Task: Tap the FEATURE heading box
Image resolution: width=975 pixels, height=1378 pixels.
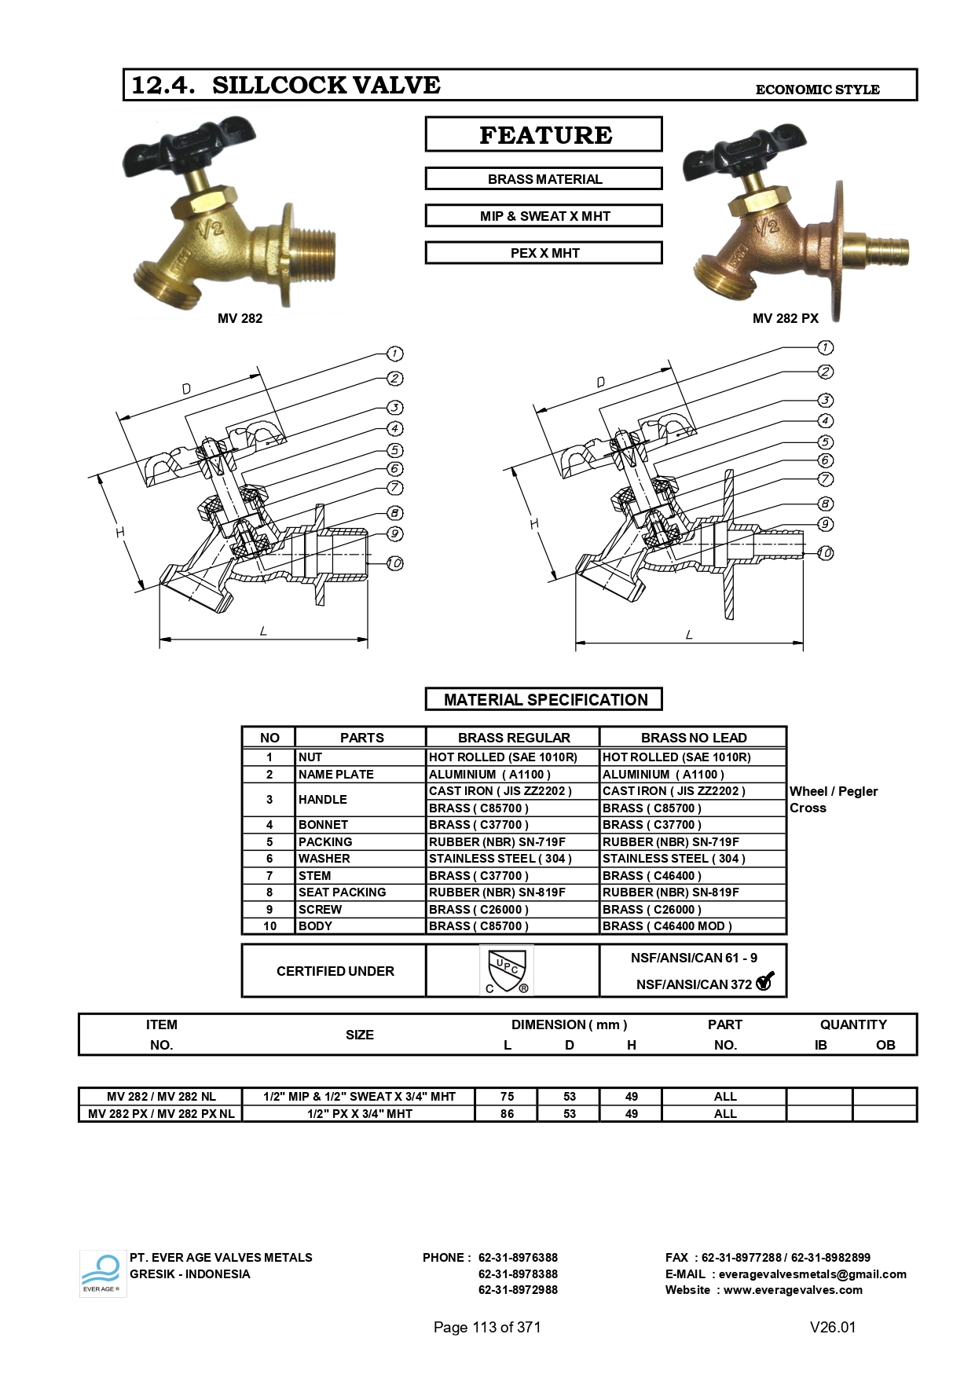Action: (544, 134)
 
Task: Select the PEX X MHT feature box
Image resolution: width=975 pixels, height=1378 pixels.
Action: (544, 253)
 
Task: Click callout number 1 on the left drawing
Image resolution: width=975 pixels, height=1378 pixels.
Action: (394, 354)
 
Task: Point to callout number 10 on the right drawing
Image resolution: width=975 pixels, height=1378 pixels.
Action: (825, 553)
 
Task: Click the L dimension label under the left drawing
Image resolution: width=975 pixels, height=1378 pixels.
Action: (263, 631)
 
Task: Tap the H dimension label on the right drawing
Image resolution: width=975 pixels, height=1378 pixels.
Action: (534, 524)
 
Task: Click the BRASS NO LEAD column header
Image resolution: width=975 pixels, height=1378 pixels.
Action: (693, 738)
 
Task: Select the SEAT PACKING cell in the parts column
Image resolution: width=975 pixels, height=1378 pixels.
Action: (342, 892)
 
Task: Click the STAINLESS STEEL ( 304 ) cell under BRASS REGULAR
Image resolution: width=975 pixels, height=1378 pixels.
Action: (500, 859)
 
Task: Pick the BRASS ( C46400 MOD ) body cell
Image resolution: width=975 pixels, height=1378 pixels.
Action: (667, 926)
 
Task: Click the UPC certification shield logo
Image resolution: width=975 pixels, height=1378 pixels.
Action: (507, 971)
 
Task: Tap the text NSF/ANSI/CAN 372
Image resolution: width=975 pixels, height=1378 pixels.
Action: (693, 984)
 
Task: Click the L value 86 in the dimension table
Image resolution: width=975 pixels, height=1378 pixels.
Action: (507, 1114)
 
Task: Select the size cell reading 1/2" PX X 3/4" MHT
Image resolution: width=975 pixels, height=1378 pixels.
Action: (359, 1114)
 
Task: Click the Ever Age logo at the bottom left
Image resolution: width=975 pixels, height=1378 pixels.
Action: (102, 1274)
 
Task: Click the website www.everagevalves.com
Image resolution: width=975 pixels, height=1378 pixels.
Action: (793, 1290)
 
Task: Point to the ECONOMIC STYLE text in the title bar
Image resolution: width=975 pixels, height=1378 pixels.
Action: (817, 90)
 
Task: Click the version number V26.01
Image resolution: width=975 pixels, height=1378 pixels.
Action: (832, 1327)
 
